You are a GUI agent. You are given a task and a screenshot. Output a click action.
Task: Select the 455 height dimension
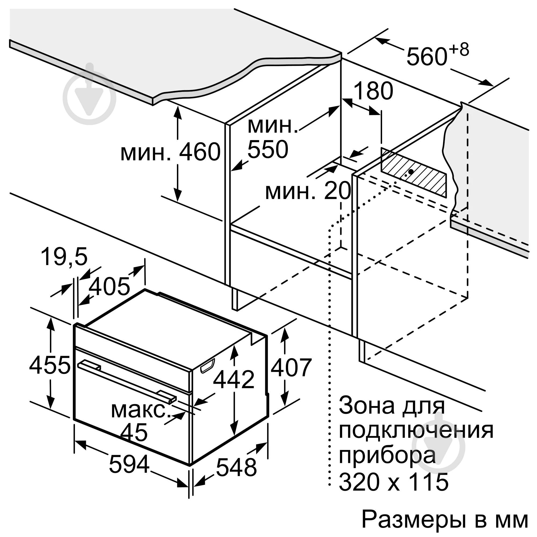pos(50,365)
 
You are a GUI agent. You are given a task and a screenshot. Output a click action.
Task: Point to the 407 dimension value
pos(291,367)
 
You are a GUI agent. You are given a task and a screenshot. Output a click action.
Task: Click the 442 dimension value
pos(234,379)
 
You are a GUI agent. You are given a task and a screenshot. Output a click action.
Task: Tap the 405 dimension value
pos(109,286)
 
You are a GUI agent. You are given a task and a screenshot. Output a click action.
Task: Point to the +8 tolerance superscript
pos(459,49)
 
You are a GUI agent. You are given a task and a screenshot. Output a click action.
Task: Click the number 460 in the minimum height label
pos(199,152)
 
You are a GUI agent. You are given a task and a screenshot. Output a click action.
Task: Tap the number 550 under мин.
pos(268,149)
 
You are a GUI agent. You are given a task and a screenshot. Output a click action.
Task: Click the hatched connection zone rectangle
pos(414,173)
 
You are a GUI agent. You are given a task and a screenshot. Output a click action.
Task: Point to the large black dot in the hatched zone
pos(411,172)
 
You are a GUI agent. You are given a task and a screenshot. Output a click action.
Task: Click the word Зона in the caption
pos(364,406)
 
